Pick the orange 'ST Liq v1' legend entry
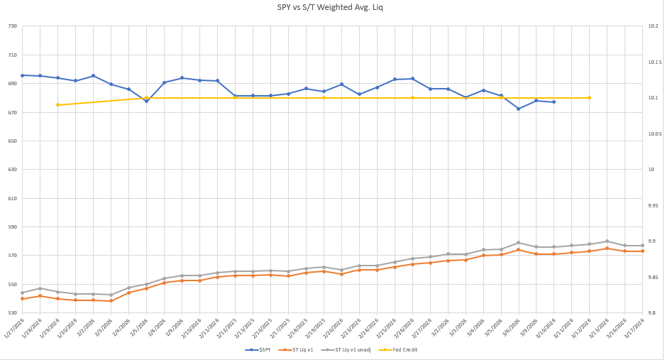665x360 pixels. point(304,350)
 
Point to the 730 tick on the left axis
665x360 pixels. point(12,26)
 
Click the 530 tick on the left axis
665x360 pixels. point(12,313)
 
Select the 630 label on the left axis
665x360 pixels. point(12,170)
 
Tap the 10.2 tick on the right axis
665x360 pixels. point(653,26)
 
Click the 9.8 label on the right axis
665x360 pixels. point(652,313)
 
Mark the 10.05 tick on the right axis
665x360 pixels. point(654,133)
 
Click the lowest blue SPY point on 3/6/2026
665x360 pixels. point(519,109)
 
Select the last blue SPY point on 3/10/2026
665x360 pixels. point(554,102)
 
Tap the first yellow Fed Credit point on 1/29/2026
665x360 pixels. point(57,105)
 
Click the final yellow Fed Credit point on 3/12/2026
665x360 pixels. point(590,98)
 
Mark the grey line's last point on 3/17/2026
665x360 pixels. point(643,246)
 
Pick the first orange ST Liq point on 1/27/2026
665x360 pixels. point(22,299)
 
